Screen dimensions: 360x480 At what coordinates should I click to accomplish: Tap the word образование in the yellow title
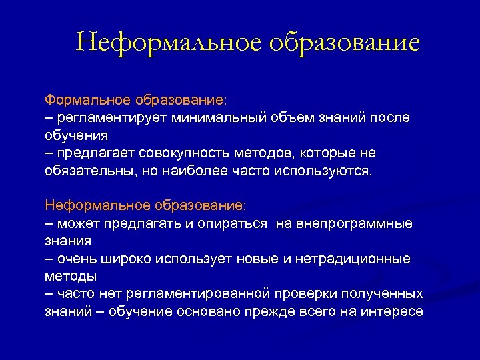pos(345,42)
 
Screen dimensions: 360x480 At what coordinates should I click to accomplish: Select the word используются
pos(328,171)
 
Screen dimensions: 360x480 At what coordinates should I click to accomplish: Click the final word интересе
pos(393,311)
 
